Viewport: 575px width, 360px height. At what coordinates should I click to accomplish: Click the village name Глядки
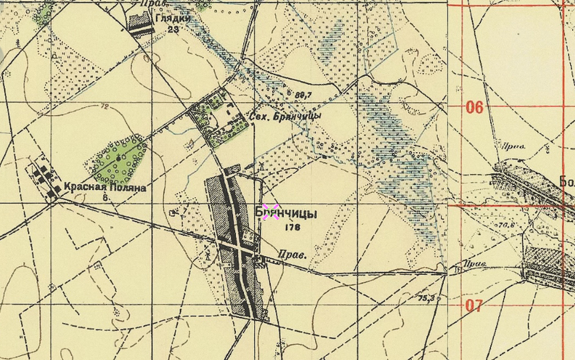point(173,19)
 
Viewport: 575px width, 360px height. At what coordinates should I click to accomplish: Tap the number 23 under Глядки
point(172,29)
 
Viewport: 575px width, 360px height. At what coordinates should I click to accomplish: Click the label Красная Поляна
point(104,188)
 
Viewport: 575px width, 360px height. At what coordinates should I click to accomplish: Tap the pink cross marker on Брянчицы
point(270,212)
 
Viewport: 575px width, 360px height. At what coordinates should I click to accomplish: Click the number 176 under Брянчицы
point(292,228)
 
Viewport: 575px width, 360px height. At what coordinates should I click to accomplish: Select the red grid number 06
point(475,107)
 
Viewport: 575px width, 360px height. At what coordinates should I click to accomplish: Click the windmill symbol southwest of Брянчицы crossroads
point(207,256)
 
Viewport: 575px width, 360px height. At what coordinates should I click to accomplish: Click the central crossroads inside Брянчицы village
point(239,248)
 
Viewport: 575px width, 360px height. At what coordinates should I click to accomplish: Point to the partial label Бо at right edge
point(566,181)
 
